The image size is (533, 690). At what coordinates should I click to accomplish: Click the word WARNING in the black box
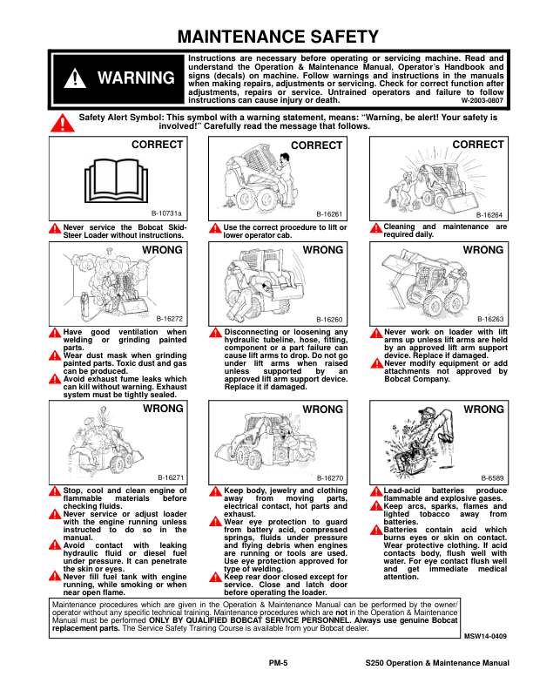pos(135,78)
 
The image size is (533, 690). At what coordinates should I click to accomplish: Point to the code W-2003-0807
pos(482,101)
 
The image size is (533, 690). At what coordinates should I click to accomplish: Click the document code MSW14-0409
pos(484,638)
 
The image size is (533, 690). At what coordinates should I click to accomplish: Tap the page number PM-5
pos(279,664)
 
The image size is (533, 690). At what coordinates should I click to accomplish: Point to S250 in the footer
pos(380,664)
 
